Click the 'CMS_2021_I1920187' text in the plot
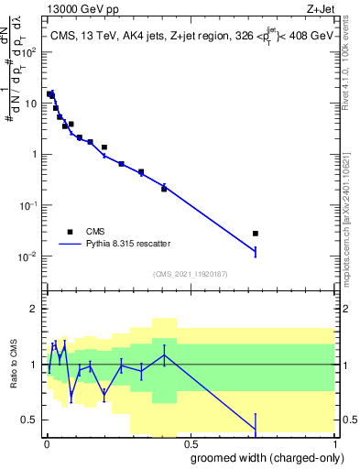click(x=190, y=274)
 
